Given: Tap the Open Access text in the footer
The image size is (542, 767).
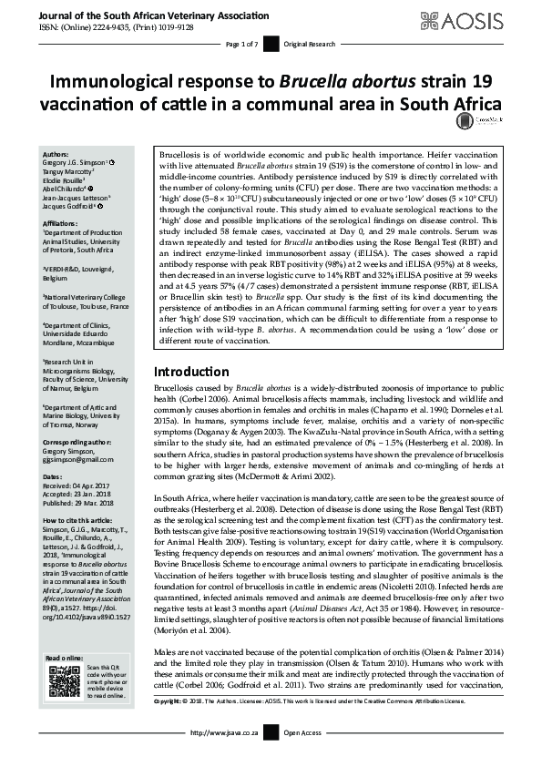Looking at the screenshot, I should click(303, 758).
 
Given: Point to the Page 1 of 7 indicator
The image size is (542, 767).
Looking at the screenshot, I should click(242, 44).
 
